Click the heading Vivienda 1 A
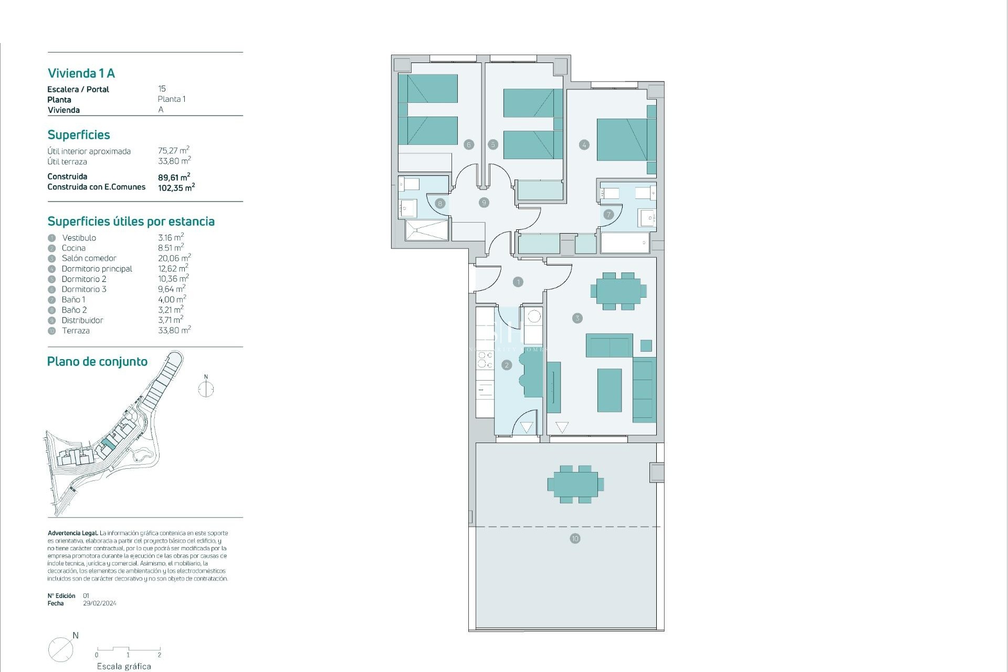pyautogui.click(x=81, y=73)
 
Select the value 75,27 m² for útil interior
pyautogui.click(x=173, y=151)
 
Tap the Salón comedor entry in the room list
pyautogui.click(x=89, y=258)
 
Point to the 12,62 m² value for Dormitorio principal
pyautogui.click(x=173, y=268)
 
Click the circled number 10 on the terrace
pyautogui.click(x=575, y=539)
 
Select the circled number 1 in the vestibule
pyautogui.click(x=518, y=282)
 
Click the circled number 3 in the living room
pyautogui.click(x=577, y=318)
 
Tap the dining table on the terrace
pyautogui.click(x=575, y=484)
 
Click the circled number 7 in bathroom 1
pyautogui.click(x=608, y=214)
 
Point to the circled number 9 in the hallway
pyautogui.click(x=484, y=202)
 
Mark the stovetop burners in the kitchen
pyautogui.click(x=485, y=359)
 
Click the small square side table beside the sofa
pyautogui.click(x=646, y=345)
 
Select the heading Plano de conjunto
pyautogui.click(x=97, y=362)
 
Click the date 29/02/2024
pyautogui.click(x=100, y=603)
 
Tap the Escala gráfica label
pyautogui.click(x=124, y=666)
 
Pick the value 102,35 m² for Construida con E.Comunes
pyautogui.click(x=176, y=187)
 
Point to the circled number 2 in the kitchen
pyautogui.click(x=506, y=365)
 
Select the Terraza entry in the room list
pyautogui.click(x=76, y=331)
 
